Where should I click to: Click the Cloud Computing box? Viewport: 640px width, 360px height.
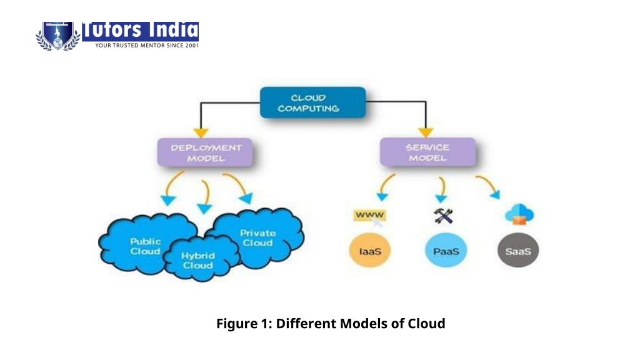click(x=312, y=102)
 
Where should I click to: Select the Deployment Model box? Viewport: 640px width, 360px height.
click(x=205, y=152)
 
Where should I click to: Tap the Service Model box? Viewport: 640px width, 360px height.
click(x=427, y=152)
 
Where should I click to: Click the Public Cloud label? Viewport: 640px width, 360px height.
click(x=145, y=246)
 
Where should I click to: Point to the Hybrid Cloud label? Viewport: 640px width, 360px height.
click(x=198, y=261)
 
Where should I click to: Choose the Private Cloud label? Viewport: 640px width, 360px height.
click(x=257, y=237)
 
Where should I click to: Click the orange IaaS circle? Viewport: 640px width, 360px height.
click(x=370, y=250)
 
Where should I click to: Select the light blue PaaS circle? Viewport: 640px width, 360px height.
click(x=446, y=250)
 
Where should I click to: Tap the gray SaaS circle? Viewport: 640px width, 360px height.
click(x=518, y=250)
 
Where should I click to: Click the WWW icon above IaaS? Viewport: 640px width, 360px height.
click(x=370, y=216)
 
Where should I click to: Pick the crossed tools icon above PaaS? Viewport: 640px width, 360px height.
click(x=443, y=216)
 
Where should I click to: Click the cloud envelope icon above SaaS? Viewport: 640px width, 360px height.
click(x=519, y=214)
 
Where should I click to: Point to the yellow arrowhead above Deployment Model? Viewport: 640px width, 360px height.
click(x=201, y=132)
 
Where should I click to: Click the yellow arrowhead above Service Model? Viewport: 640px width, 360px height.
click(x=425, y=132)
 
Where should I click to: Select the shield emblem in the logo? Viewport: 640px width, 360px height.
click(x=57, y=36)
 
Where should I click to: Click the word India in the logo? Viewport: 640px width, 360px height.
click(x=173, y=31)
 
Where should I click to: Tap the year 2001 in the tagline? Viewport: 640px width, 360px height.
click(x=192, y=45)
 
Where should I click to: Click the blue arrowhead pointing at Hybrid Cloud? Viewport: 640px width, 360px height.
click(x=204, y=209)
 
